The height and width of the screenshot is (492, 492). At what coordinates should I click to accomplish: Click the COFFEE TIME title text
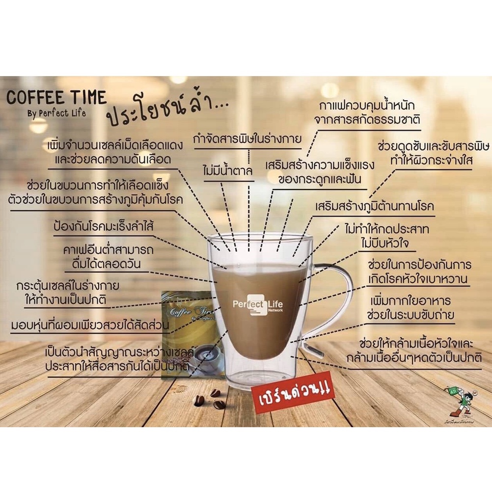[56, 98]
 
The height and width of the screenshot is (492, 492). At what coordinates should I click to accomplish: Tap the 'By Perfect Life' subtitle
[56, 113]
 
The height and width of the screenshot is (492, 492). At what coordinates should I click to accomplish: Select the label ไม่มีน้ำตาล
[227, 171]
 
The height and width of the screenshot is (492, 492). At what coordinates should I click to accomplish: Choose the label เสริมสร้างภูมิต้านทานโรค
[375, 207]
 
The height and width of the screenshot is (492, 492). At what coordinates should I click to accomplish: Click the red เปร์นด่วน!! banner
[293, 394]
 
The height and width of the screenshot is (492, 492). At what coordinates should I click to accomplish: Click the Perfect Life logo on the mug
[258, 305]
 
